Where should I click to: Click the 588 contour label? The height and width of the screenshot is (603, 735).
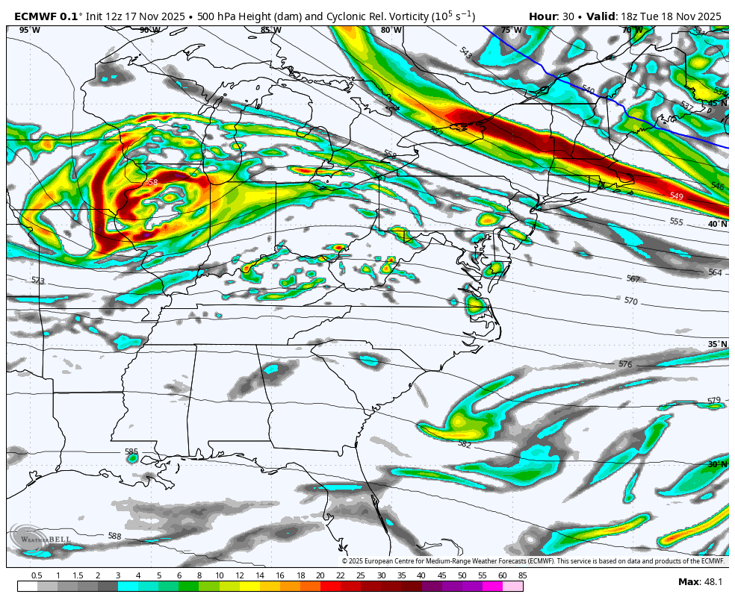[114, 536]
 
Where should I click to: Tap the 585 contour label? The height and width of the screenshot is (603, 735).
[131, 452]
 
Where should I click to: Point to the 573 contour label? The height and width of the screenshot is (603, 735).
[38, 281]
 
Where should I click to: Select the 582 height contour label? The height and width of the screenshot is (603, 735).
[465, 444]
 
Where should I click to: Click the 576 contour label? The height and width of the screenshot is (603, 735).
[625, 364]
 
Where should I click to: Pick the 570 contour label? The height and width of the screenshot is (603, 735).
[631, 301]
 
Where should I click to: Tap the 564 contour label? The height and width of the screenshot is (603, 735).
[715, 272]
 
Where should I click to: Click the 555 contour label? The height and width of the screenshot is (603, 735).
[676, 222]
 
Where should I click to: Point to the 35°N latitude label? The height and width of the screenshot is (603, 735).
[717, 344]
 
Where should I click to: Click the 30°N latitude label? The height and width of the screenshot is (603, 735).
[717, 464]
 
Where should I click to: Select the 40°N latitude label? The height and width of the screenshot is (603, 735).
[717, 224]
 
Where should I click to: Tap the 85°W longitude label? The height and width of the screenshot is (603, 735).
[270, 30]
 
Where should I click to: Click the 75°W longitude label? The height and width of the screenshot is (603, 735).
[512, 30]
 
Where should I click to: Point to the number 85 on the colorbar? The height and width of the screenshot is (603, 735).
[522, 575]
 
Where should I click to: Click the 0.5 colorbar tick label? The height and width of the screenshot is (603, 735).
[37, 575]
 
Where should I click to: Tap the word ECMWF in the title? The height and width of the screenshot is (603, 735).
[34, 16]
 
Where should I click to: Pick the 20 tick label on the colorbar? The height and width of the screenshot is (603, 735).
[320, 575]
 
